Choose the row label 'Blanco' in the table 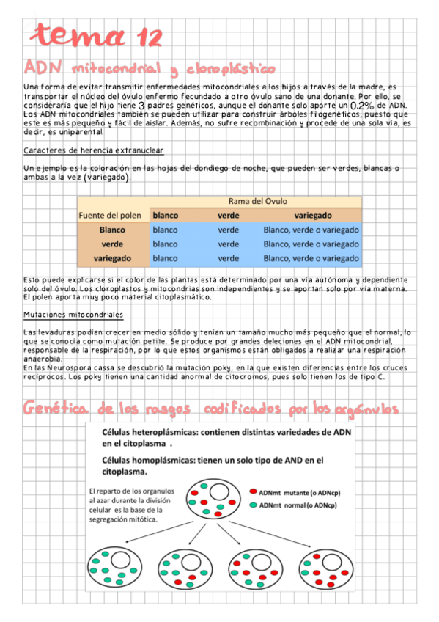pyautogui.click(x=112, y=230)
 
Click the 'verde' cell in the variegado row pyautogui.click(x=229, y=258)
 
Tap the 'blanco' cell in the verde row pyautogui.click(x=165, y=244)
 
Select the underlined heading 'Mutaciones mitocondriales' pyautogui.click(x=73, y=315)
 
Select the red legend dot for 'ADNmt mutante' pyautogui.click(x=253, y=493)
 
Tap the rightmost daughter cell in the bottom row pyautogui.click(x=324, y=569)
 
